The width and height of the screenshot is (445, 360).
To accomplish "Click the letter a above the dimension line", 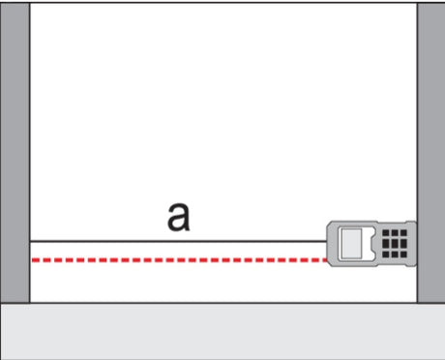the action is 179,217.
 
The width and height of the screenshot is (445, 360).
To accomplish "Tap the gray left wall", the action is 15,153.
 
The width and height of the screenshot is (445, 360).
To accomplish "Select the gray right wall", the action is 431,153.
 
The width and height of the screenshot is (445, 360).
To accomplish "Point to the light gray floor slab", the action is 222,331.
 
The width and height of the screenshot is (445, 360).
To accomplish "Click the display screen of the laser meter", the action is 351,243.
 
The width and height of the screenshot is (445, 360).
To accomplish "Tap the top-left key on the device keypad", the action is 386,233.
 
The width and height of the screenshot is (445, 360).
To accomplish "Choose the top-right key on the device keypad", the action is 403,233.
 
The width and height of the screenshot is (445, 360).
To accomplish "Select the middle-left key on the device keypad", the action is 386,243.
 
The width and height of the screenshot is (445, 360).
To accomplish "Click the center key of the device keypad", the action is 395,243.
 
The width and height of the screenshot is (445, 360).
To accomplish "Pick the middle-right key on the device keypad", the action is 403,243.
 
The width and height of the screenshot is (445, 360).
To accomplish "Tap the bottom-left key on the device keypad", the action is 386,255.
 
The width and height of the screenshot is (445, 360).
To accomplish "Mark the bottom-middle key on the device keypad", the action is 395,255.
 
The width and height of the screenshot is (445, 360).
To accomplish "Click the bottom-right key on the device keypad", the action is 403,255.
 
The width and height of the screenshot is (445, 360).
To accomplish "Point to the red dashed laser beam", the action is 180,260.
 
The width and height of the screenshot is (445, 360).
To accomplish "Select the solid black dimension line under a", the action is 178,241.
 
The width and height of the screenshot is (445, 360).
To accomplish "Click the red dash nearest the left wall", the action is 36,260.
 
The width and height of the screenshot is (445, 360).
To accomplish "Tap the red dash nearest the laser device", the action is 323,260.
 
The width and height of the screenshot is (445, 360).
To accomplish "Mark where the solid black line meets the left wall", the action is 30,241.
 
